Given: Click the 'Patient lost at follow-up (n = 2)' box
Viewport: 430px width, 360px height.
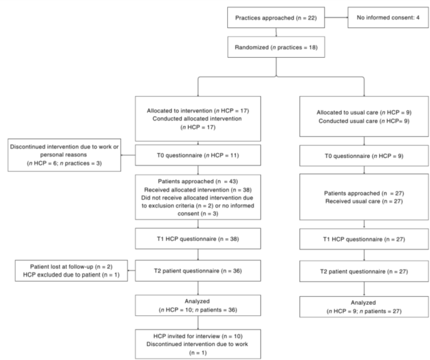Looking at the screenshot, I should tap(71, 273).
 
